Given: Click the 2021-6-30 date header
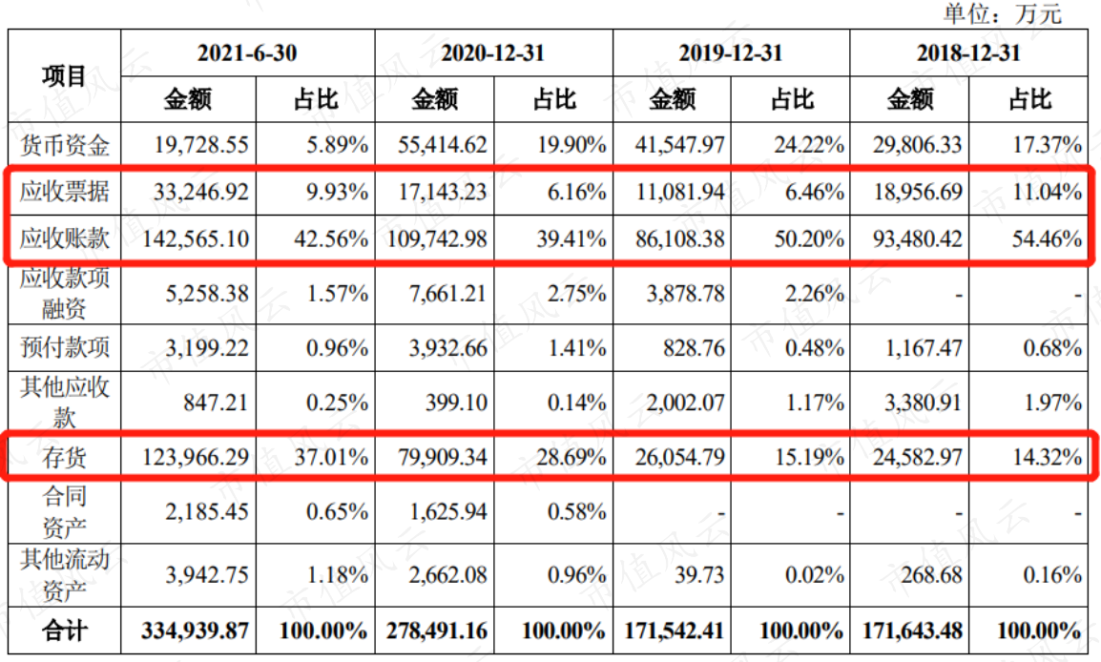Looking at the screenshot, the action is click(x=247, y=52).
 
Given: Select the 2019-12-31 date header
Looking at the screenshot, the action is click(x=730, y=52).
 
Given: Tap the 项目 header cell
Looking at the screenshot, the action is click(x=64, y=75).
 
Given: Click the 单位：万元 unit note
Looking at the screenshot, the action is click(x=1002, y=13).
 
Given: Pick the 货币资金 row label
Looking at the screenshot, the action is click(x=65, y=145).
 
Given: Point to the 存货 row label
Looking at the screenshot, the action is click(x=65, y=457).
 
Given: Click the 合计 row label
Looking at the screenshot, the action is click(x=65, y=631).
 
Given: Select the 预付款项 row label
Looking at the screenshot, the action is click(x=65, y=347).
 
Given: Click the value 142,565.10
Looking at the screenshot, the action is click(x=196, y=238).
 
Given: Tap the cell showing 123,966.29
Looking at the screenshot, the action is click(x=196, y=457).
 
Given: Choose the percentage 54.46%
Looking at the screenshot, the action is click(x=1047, y=238).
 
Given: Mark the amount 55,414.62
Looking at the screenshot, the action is click(x=443, y=145).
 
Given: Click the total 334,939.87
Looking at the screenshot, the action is click(x=196, y=631).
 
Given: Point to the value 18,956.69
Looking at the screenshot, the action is click(x=918, y=192).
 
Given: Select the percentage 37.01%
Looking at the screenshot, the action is click(x=331, y=457).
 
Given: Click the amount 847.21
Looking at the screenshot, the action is click(x=216, y=403).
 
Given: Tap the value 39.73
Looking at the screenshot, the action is click(x=699, y=575).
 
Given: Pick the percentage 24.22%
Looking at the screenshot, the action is click(x=809, y=145).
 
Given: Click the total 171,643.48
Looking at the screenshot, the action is click(x=912, y=631).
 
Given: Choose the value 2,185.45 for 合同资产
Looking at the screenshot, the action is click(x=207, y=512).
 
